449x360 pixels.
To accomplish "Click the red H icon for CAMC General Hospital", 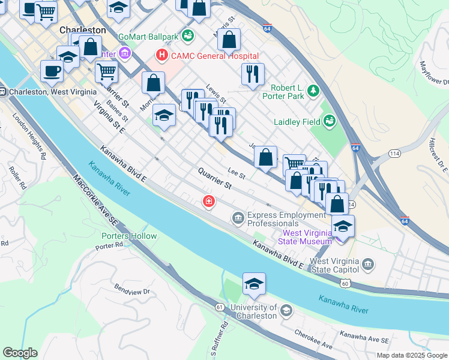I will click(161, 56).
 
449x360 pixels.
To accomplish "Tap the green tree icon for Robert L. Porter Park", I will click(312, 91).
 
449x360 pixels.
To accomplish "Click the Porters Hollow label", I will click(129, 236).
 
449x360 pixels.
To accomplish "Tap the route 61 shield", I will click(220, 307).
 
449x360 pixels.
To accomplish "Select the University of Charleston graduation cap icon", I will click(286, 310).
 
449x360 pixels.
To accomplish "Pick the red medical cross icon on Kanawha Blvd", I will click(208, 202).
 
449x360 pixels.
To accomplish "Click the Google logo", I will click(20, 353).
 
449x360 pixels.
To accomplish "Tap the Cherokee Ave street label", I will click(313, 339).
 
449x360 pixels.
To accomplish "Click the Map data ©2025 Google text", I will click(411, 355).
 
